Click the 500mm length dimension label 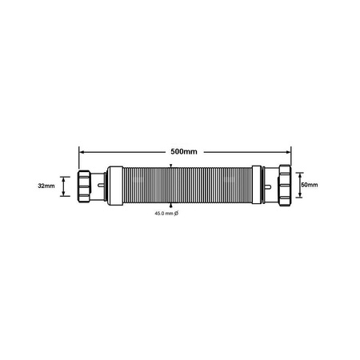tap(183, 150)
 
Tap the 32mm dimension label tap(46, 186)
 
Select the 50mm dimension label tap(309, 186)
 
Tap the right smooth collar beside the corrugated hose tap(257, 186)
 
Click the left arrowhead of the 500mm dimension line tap(82, 150)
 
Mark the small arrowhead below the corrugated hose tap(171, 205)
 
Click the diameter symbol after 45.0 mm tap(187, 214)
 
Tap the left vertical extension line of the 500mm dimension tap(79, 158)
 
